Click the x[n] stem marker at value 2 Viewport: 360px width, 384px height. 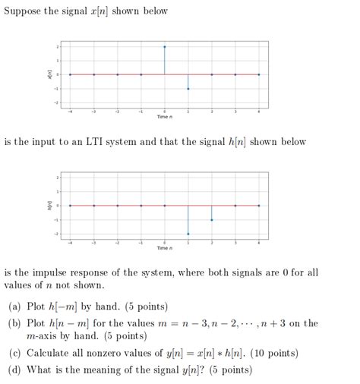165,46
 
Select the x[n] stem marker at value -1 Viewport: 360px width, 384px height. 188,89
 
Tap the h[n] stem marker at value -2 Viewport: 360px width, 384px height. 188,234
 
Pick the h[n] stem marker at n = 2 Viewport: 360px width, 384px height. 212,219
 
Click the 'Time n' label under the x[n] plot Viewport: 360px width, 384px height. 165,116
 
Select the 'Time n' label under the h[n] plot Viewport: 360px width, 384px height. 165,247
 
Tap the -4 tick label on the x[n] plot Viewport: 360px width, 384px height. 71,111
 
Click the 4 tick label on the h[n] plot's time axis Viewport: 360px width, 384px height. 259,242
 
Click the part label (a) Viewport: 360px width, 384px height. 14,307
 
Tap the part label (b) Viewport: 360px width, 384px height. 14,323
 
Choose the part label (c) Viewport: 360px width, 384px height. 14,353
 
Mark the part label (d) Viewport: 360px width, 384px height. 14,370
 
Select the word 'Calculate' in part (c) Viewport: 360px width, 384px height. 51,353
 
